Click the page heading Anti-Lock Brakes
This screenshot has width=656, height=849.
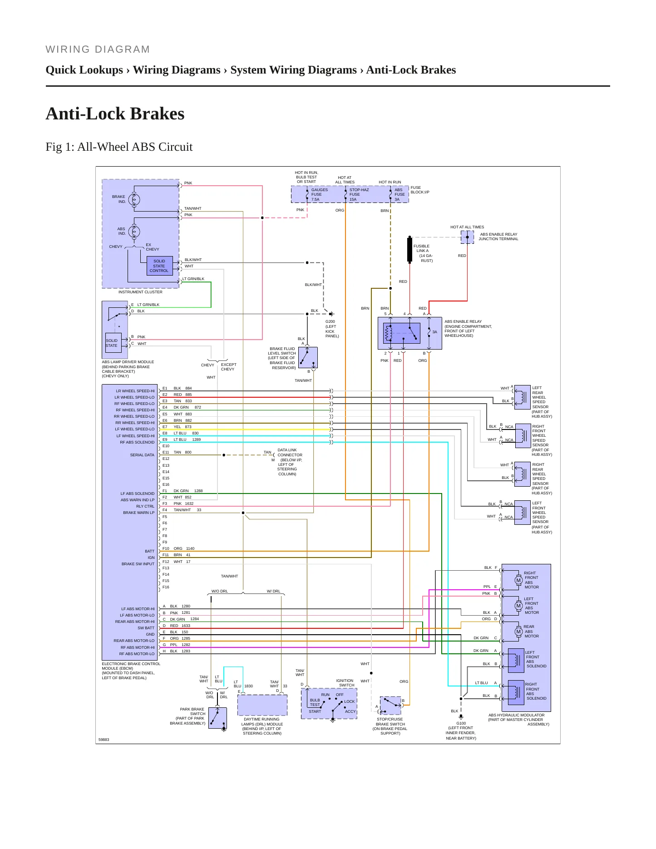coord(115,114)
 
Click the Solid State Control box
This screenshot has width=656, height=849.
coord(160,266)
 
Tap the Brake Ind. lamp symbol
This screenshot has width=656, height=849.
coord(134,199)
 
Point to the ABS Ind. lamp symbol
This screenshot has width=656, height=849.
coord(134,232)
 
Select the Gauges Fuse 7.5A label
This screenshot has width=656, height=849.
coord(319,194)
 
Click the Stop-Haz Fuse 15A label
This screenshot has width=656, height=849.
coord(359,194)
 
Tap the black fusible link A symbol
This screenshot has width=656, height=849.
coord(409,249)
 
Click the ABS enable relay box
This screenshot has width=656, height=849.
coord(410,333)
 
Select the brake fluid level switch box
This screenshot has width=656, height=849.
coord(308,358)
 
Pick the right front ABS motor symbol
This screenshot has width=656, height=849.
coord(518,580)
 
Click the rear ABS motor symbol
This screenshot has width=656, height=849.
coord(518,632)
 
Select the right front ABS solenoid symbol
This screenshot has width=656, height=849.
coord(516,692)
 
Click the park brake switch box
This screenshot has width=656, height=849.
coord(217,718)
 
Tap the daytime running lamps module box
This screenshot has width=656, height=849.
coord(262,705)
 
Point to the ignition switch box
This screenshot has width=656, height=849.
coord(329,704)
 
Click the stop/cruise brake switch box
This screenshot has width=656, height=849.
coord(390,706)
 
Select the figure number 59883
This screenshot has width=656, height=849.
coord(104,740)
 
